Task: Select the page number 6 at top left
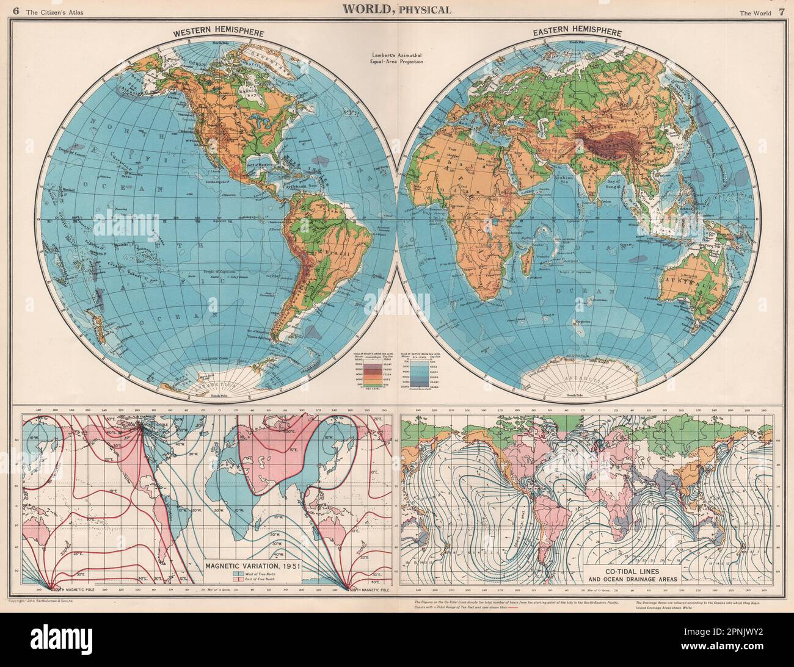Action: point(9,9)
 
